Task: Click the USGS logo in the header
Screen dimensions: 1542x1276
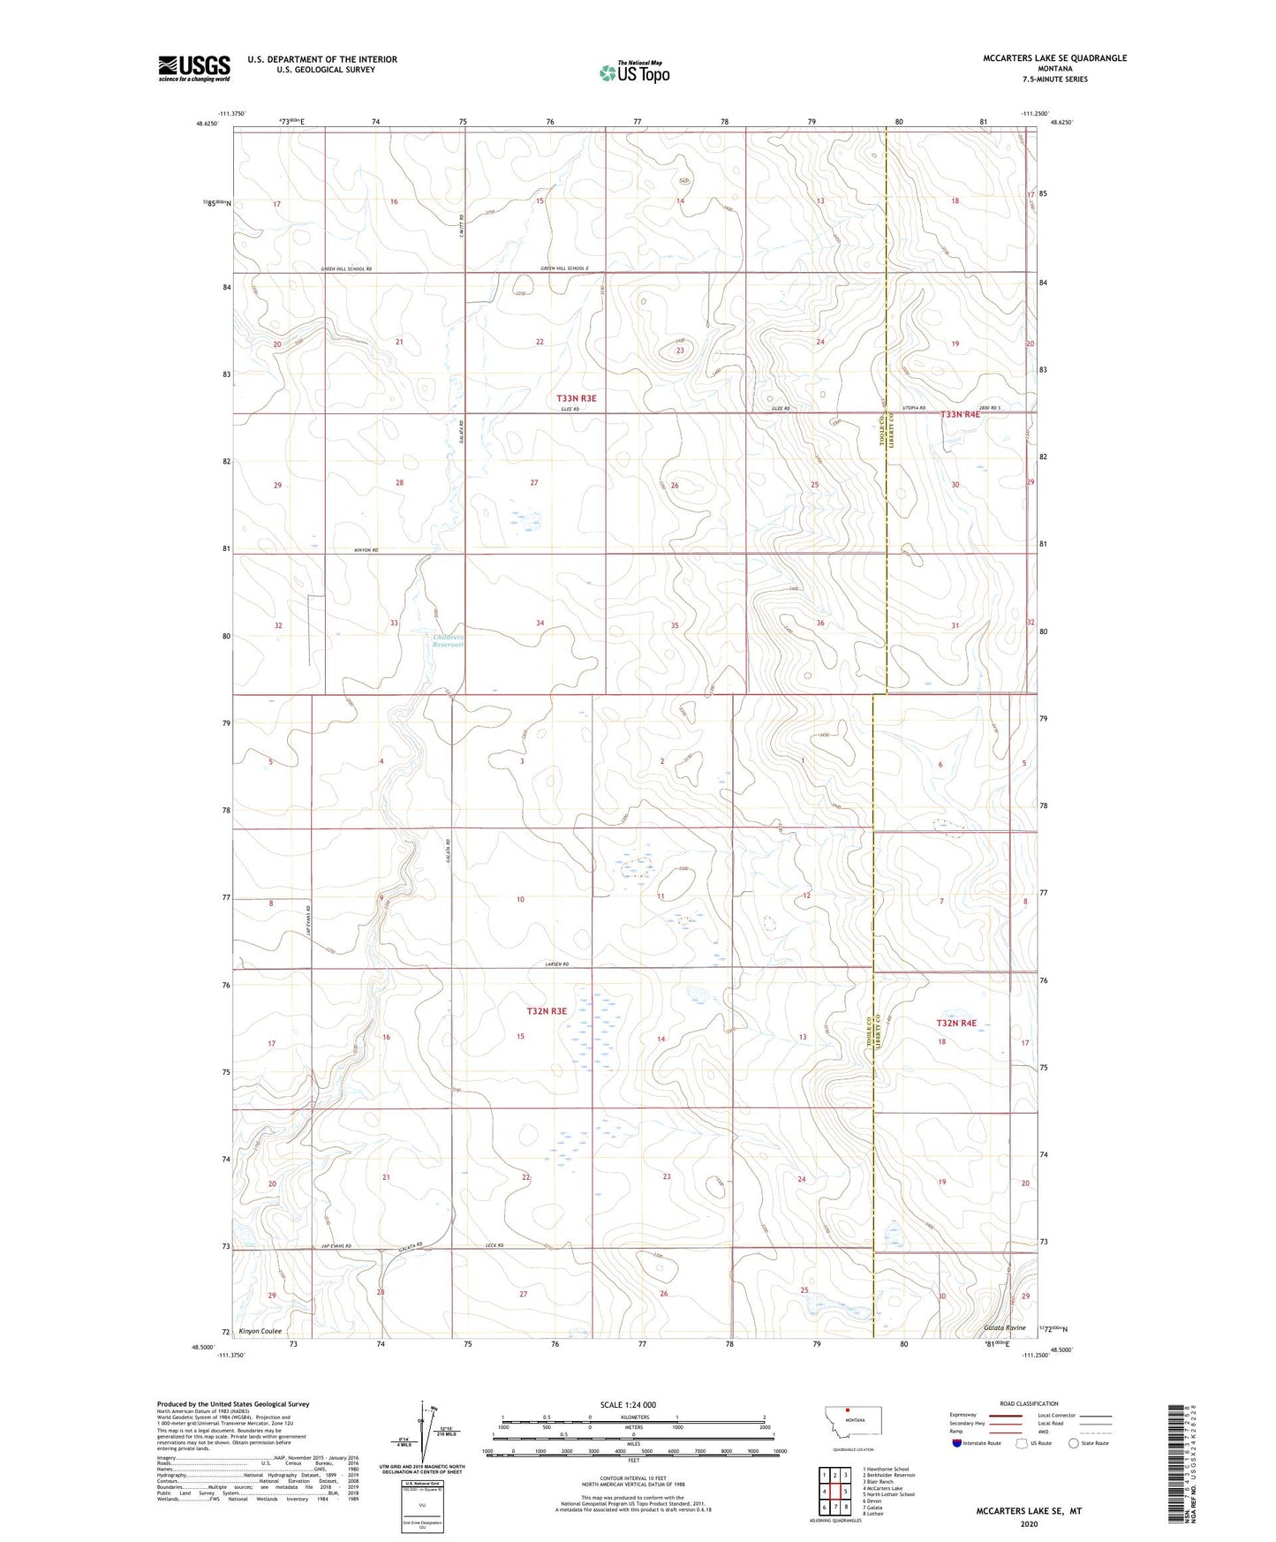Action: tap(193, 68)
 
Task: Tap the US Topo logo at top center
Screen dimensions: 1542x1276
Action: tap(633, 72)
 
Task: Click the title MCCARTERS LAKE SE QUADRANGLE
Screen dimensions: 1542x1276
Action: tap(1054, 58)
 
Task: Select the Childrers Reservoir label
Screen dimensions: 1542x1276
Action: tap(448, 640)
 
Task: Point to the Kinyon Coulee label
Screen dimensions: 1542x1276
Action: tap(260, 1331)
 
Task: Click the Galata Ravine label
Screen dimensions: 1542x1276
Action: tap(1005, 1327)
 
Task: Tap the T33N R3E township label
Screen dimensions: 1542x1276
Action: tap(576, 398)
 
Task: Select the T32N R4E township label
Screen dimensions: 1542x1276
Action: tap(956, 1023)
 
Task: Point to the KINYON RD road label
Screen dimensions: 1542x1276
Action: tap(366, 550)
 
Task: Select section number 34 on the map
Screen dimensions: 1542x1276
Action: tap(540, 624)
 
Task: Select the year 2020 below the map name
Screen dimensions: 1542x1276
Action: tap(1028, 1523)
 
